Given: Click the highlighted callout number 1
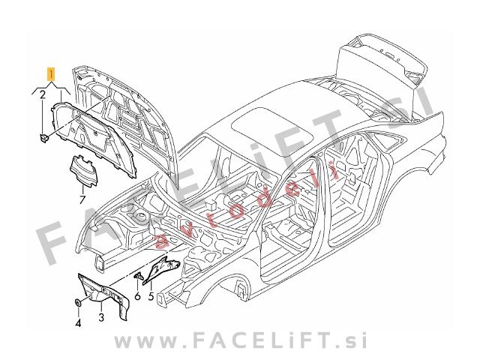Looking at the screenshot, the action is coord(51,74).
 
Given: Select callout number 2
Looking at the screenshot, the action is coord(43,94).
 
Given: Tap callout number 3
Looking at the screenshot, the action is coord(101,316).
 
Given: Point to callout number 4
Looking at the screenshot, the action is coord(78,322).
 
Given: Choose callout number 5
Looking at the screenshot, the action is coord(150,296).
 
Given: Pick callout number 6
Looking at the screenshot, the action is coord(137,296).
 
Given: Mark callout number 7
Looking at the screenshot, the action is coord(82,199).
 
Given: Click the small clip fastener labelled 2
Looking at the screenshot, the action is coord(43,138).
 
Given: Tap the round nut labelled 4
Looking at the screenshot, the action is coord(78,303).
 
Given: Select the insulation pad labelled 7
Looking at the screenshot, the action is coord(85,170).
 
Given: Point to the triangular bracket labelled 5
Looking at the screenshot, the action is coord(162,268).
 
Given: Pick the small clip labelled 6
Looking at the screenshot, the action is coord(138,276).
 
